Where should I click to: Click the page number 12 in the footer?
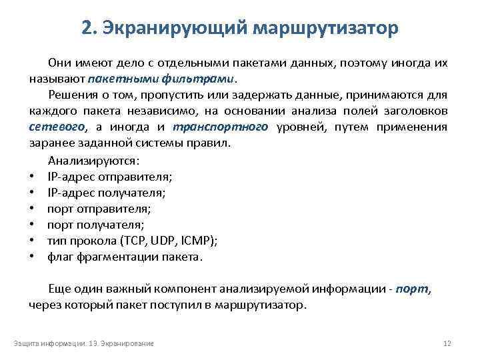click(x=447, y=343)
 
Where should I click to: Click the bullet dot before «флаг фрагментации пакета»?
click(x=32, y=257)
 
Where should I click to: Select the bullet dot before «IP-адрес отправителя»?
click(x=32, y=177)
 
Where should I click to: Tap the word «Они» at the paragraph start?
click(x=58, y=63)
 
